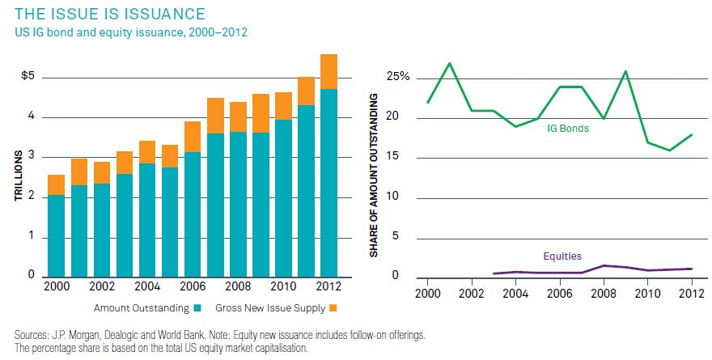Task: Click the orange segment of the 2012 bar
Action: [x=328, y=71]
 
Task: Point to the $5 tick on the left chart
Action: [x=28, y=78]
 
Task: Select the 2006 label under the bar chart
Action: [x=193, y=287]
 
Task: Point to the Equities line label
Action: [x=562, y=256]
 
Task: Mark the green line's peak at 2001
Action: [x=450, y=63]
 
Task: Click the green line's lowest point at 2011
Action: [x=668, y=150]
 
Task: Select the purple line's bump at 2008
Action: [x=603, y=265]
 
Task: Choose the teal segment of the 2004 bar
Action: [x=147, y=221]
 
